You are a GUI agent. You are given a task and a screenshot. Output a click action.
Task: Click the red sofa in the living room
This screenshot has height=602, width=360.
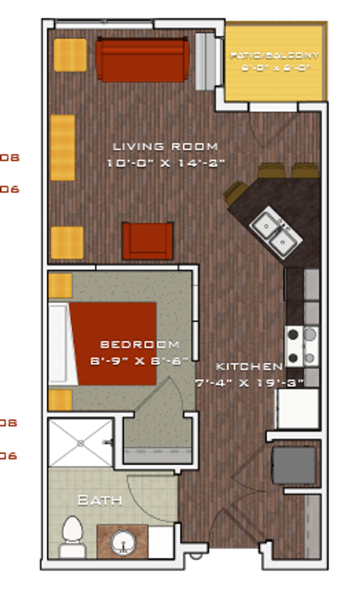[x=142, y=60]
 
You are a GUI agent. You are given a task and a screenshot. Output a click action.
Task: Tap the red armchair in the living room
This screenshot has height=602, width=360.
[x=148, y=241]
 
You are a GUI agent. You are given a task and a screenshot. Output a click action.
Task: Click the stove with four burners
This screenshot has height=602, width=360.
[x=302, y=346]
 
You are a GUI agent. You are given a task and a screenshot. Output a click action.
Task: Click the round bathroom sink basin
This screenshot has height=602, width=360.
[x=123, y=541]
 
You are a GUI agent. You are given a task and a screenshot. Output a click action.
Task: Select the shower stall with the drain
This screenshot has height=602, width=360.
[x=81, y=443]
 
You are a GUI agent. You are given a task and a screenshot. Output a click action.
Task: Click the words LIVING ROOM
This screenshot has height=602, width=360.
[x=166, y=147]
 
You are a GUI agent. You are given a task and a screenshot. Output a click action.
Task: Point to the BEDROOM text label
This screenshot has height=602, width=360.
[x=140, y=344]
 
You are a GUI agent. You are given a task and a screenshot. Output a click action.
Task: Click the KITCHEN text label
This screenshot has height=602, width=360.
[x=249, y=366]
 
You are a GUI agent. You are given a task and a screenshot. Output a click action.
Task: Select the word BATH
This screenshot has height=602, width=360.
[x=99, y=500]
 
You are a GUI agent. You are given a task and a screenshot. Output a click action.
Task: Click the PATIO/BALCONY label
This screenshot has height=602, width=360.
[x=275, y=56]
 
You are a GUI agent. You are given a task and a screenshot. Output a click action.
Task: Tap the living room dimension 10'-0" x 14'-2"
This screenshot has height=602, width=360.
[x=166, y=163]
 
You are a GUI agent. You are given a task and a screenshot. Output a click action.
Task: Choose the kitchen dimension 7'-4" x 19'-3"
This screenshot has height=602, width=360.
[x=249, y=382]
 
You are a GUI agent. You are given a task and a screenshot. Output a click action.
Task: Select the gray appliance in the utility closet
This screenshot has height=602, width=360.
[x=294, y=465]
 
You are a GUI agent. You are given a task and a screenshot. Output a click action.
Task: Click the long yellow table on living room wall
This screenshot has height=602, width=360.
[x=62, y=147]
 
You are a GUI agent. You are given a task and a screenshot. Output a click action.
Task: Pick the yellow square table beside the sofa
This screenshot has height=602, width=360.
[x=70, y=55]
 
